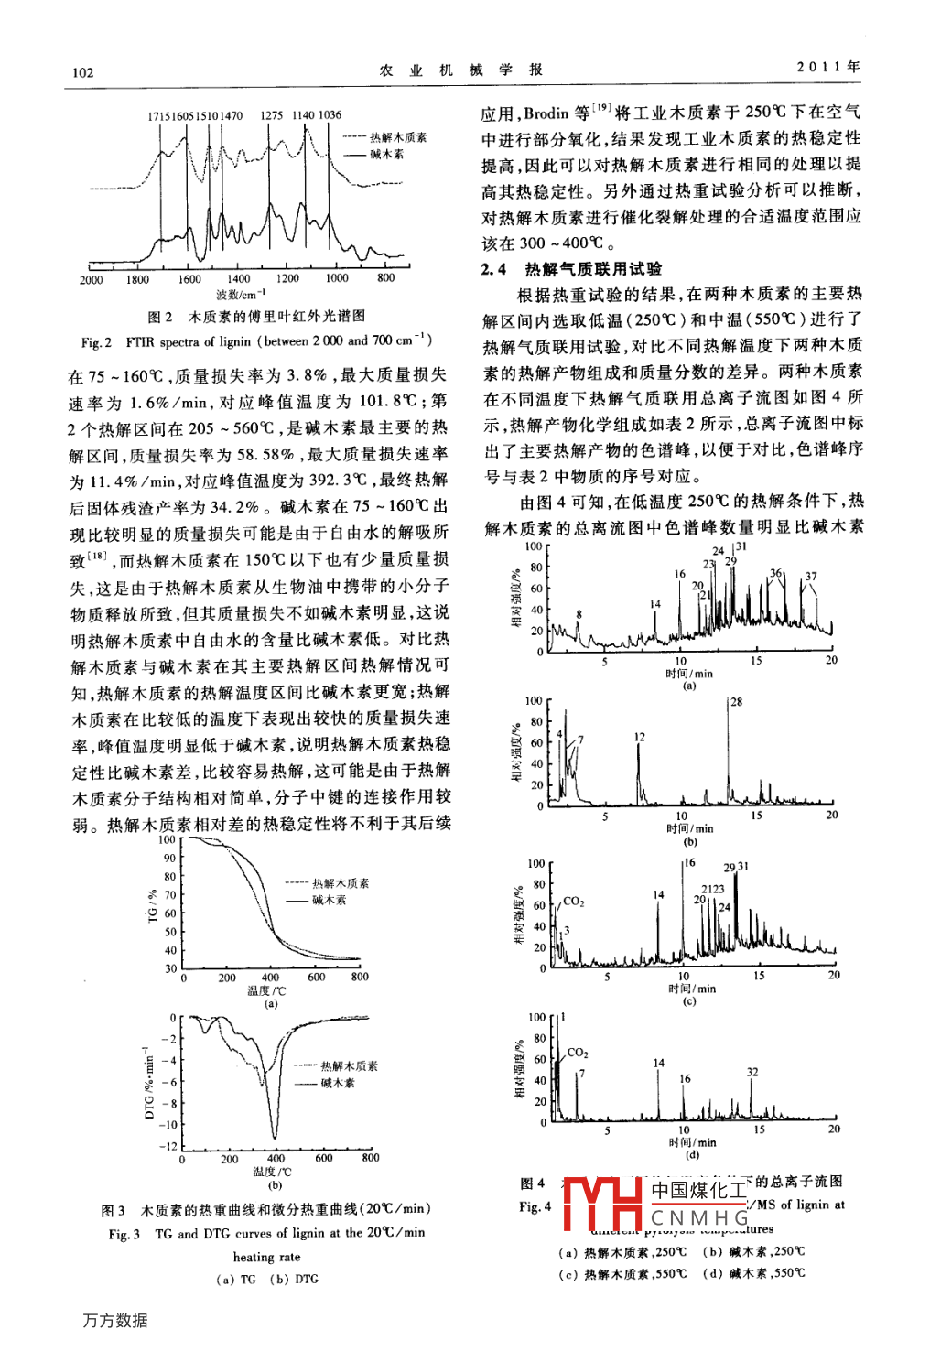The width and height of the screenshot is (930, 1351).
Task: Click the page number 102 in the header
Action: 82,72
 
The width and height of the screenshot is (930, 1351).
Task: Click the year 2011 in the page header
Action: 819,67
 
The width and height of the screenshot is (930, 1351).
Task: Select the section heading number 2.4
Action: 493,269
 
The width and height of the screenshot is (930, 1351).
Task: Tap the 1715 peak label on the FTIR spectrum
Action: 158,115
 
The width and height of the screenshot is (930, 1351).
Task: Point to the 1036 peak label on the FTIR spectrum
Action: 330,115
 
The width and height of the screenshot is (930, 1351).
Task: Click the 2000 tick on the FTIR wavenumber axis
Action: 91,279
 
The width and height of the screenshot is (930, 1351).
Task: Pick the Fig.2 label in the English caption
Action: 96,342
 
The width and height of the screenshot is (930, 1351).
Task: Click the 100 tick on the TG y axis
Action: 168,839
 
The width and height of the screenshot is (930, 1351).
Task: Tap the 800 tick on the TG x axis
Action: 360,977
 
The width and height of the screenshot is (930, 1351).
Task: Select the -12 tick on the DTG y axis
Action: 168,1146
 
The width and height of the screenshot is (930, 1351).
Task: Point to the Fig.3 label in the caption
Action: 124,1234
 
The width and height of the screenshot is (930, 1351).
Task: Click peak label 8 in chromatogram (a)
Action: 579,615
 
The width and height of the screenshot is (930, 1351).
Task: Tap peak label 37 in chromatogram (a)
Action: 810,577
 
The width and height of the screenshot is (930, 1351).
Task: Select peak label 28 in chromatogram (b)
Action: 736,702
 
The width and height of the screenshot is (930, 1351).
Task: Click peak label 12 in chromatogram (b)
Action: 639,737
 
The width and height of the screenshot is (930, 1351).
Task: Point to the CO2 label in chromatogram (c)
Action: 573,902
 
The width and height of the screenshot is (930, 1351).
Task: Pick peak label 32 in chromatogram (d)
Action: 752,1072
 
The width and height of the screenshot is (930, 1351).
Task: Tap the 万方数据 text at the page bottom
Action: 114,1321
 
